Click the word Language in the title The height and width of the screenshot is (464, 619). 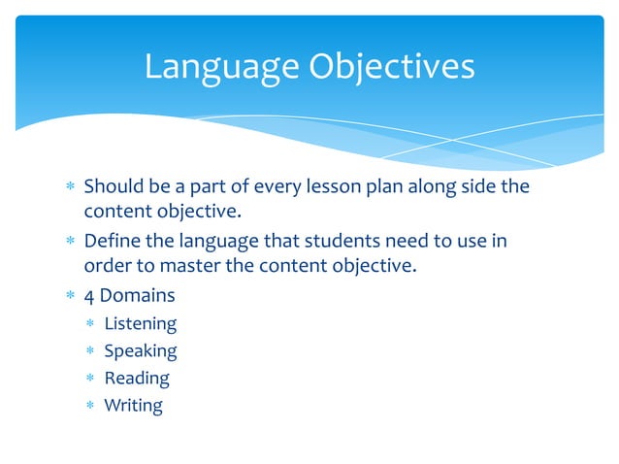coord(221,66)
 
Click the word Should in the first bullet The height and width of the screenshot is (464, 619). coord(113,185)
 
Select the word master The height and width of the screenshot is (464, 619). coord(180,267)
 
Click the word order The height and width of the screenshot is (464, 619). coord(106,267)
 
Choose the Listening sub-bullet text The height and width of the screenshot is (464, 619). coord(140,323)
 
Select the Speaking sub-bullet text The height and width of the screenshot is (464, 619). coord(140,350)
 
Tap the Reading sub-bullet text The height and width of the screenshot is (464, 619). coord(136,378)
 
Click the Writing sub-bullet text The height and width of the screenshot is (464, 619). coord(133,405)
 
